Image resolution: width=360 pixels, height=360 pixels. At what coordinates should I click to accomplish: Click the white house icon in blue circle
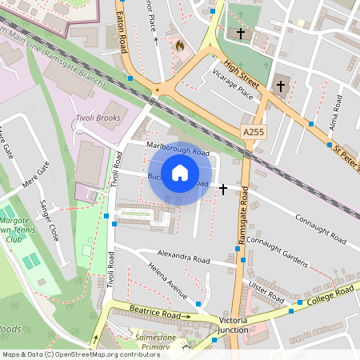click(x=180, y=173)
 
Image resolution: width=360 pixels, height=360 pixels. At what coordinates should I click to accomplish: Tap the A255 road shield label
click(x=253, y=130)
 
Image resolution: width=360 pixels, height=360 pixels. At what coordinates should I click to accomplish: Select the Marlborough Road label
click(x=178, y=148)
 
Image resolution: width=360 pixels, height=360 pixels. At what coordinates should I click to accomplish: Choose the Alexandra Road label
click(x=183, y=260)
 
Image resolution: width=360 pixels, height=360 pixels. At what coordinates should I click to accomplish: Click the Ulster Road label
click(x=266, y=290)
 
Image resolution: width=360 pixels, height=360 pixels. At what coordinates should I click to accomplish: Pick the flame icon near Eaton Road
click(x=179, y=46)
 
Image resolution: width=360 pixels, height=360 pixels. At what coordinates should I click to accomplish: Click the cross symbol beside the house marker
click(x=222, y=189)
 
